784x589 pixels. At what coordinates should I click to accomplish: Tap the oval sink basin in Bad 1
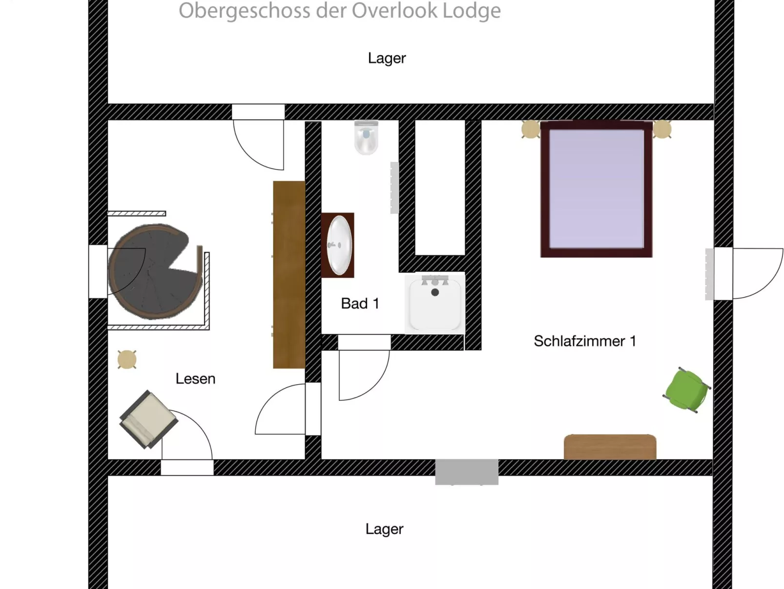pyautogui.click(x=339, y=245)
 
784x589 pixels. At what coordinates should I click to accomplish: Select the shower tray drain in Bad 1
pyautogui.click(x=435, y=292)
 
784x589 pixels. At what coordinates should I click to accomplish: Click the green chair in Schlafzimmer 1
pyautogui.click(x=686, y=390)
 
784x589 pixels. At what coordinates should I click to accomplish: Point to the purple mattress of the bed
pyautogui.click(x=596, y=188)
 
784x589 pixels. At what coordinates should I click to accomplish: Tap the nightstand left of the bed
pyautogui.click(x=531, y=129)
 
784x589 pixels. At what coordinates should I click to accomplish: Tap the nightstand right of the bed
pyautogui.click(x=662, y=129)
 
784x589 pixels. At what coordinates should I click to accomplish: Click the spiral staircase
pyautogui.click(x=151, y=271)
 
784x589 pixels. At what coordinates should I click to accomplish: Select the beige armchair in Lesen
pyautogui.click(x=148, y=419)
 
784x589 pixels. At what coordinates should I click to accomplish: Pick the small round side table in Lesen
pyautogui.click(x=127, y=359)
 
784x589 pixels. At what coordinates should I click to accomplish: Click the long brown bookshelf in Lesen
pyautogui.click(x=289, y=274)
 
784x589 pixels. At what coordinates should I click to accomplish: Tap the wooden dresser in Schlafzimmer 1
pyautogui.click(x=610, y=447)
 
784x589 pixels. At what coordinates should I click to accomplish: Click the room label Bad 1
pyautogui.click(x=360, y=304)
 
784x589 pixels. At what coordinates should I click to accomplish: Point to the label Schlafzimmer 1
pyautogui.click(x=585, y=341)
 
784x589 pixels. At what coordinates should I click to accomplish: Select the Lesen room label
pyautogui.click(x=195, y=379)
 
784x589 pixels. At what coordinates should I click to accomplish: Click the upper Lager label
pyautogui.click(x=387, y=58)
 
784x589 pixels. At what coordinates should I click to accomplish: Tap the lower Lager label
pyautogui.click(x=384, y=529)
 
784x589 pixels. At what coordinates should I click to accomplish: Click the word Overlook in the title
pyautogui.click(x=395, y=11)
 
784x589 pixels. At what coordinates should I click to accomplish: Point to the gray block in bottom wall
pyautogui.click(x=467, y=471)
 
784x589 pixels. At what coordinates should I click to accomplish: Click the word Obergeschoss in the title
pyautogui.click(x=244, y=11)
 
